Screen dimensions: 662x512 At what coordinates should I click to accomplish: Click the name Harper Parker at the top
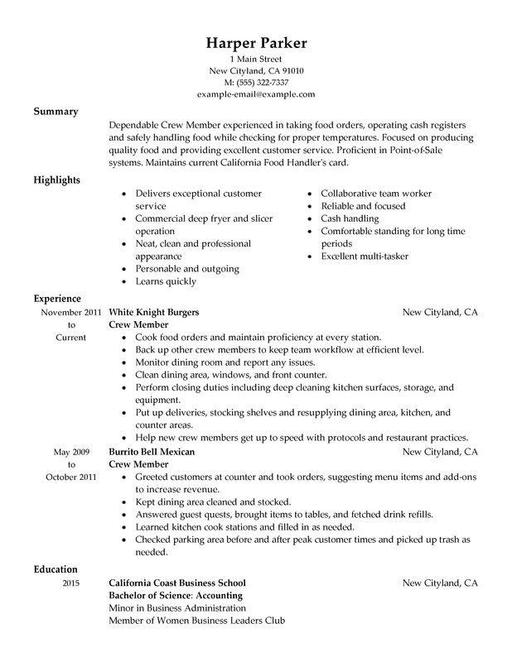coord(256,43)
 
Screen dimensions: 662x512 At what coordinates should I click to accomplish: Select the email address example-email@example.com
coord(256,95)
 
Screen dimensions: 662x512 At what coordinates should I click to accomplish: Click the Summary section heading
coord(56,112)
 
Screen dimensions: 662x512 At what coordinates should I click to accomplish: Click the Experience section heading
coord(57,298)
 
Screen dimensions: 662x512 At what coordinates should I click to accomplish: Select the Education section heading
coord(56,569)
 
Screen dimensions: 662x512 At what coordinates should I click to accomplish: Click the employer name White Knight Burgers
coord(154,313)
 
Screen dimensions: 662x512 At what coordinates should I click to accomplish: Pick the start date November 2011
coord(60,313)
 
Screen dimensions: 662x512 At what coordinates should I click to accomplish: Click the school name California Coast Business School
coord(177,583)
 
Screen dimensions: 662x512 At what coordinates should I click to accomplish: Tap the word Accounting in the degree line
coord(215,596)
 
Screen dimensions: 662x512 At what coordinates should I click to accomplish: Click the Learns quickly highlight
coord(165,282)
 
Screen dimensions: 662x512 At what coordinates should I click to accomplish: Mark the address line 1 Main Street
coord(256,58)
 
